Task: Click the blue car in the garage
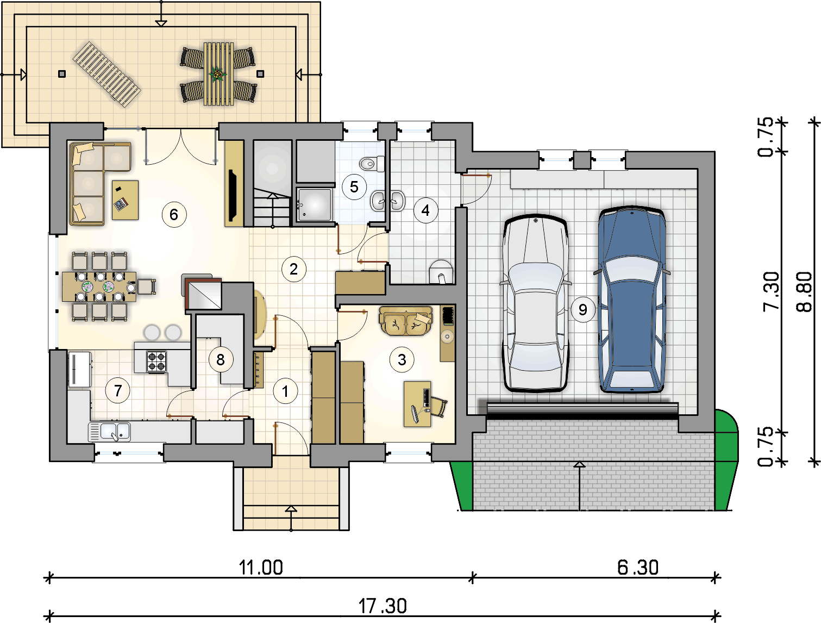pyautogui.click(x=631, y=300)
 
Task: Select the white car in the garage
pyautogui.click(x=536, y=303)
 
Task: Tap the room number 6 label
pyautogui.click(x=174, y=214)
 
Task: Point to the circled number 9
pyautogui.click(x=583, y=309)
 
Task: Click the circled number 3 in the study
pyautogui.click(x=402, y=359)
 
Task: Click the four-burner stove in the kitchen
pyautogui.click(x=156, y=362)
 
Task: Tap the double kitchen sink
pyautogui.click(x=110, y=432)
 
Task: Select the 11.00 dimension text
pyautogui.click(x=261, y=568)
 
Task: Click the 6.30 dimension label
pyautogui.click(x=638, y=567)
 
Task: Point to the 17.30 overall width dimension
pyautogui.click(x=383, y=606)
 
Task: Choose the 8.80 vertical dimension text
pyautogui.click(x=804, y=292)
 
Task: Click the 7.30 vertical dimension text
pyautogui.click(x=771, y=291)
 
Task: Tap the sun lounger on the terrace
pyautogui.click(x=106, y=74)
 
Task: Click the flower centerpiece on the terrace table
pyautogui.click(x=217, y=74)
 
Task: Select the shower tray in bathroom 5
pyautogui.click(x=314, y=204)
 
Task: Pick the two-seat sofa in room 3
pyautogui.click(x=406, y=321)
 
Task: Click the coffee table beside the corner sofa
pyautogui.click(x=126, y=200)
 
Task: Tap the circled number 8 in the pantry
pyautogui.click(x=221, y=359)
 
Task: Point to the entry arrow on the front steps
pyautogui.click(x=291, y=518)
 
